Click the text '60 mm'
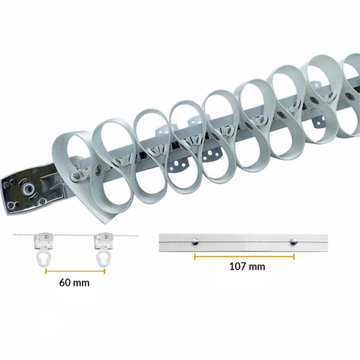[x=73, y=284]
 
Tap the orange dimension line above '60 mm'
[x=73, y=271]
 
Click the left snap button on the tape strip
[x=195, y=241]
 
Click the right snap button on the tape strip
[x=293, y=241]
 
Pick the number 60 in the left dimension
[x=65, y=284]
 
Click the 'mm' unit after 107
[x=256, y=266]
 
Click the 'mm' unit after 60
[x=82, y=284]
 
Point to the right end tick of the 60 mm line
[x=105, y=271]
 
